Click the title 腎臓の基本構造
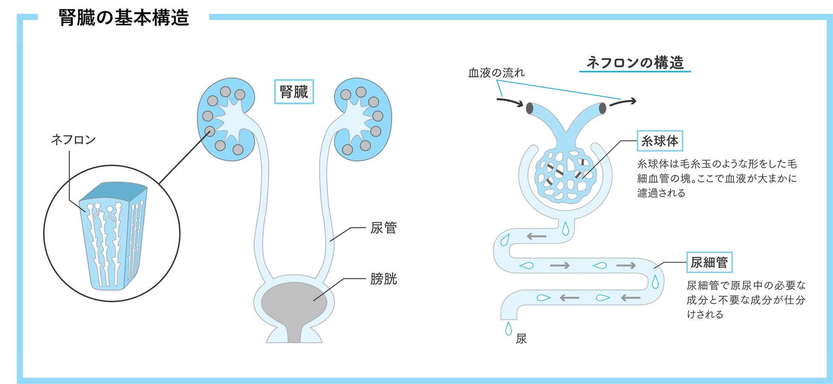pyautogui.click(x=124, y=18)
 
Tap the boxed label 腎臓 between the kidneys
pyautogui.click(x=294, y=92)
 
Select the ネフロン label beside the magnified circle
pyautogui.click(x=73, y=140)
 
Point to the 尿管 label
pyautogui.click(x=383, y=228)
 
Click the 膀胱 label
pyautogui.click(x=383, y=279)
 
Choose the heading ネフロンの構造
pyautogui.click(x=635, y=63)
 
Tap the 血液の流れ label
pyautogui.click(x=496, y=73)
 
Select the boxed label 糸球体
pyautogui.click(x=660, y=141)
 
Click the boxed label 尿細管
pyautogui.click(x=709, y=262)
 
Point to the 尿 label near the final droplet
pyautogui.click(x=521, y=339)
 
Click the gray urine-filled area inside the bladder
pyautogui.click(x=294, y=303)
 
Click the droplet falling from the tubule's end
pyautogui.click(x=508, y=329)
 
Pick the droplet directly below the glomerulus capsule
pyautogui.click(x=566, y=229)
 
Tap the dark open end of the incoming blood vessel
pyautogui.click(x=529, y=108)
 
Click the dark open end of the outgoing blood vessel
pyautogui.click(x=602, y=108)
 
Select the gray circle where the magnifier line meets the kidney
pyautogui.click(x=209, y=131)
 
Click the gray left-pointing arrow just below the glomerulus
pyautogui.click(x=537, y=236)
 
